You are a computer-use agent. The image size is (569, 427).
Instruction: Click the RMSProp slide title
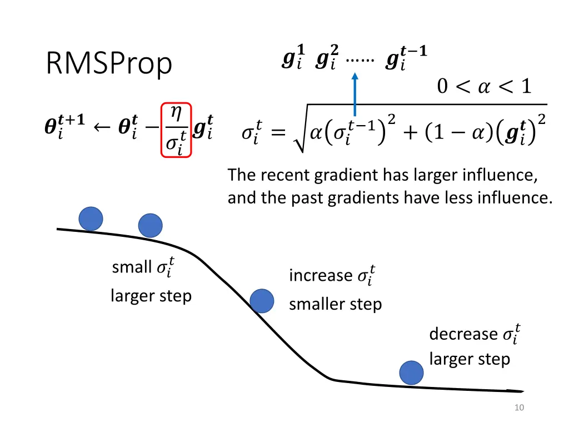pos(109,64)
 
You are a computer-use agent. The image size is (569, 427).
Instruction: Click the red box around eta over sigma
pos(176,130)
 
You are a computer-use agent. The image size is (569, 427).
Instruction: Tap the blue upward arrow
pos(355,95)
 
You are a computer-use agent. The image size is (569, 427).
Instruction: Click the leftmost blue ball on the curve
pos(91,219)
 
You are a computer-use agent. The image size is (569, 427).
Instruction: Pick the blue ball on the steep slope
pos(262,301)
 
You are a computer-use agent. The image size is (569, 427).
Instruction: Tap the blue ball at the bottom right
pos(412,373)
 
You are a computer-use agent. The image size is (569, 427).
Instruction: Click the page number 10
pos(519,408)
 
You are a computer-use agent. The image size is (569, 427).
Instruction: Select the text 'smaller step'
pos(335,304)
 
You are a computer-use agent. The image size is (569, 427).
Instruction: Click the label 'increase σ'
pos(332,275)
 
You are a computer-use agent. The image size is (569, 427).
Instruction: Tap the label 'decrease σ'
pos(474,334)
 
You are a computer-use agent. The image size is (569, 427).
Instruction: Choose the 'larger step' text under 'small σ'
pos(151,296)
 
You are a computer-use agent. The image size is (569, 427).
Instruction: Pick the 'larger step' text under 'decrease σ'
pos(470,359)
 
